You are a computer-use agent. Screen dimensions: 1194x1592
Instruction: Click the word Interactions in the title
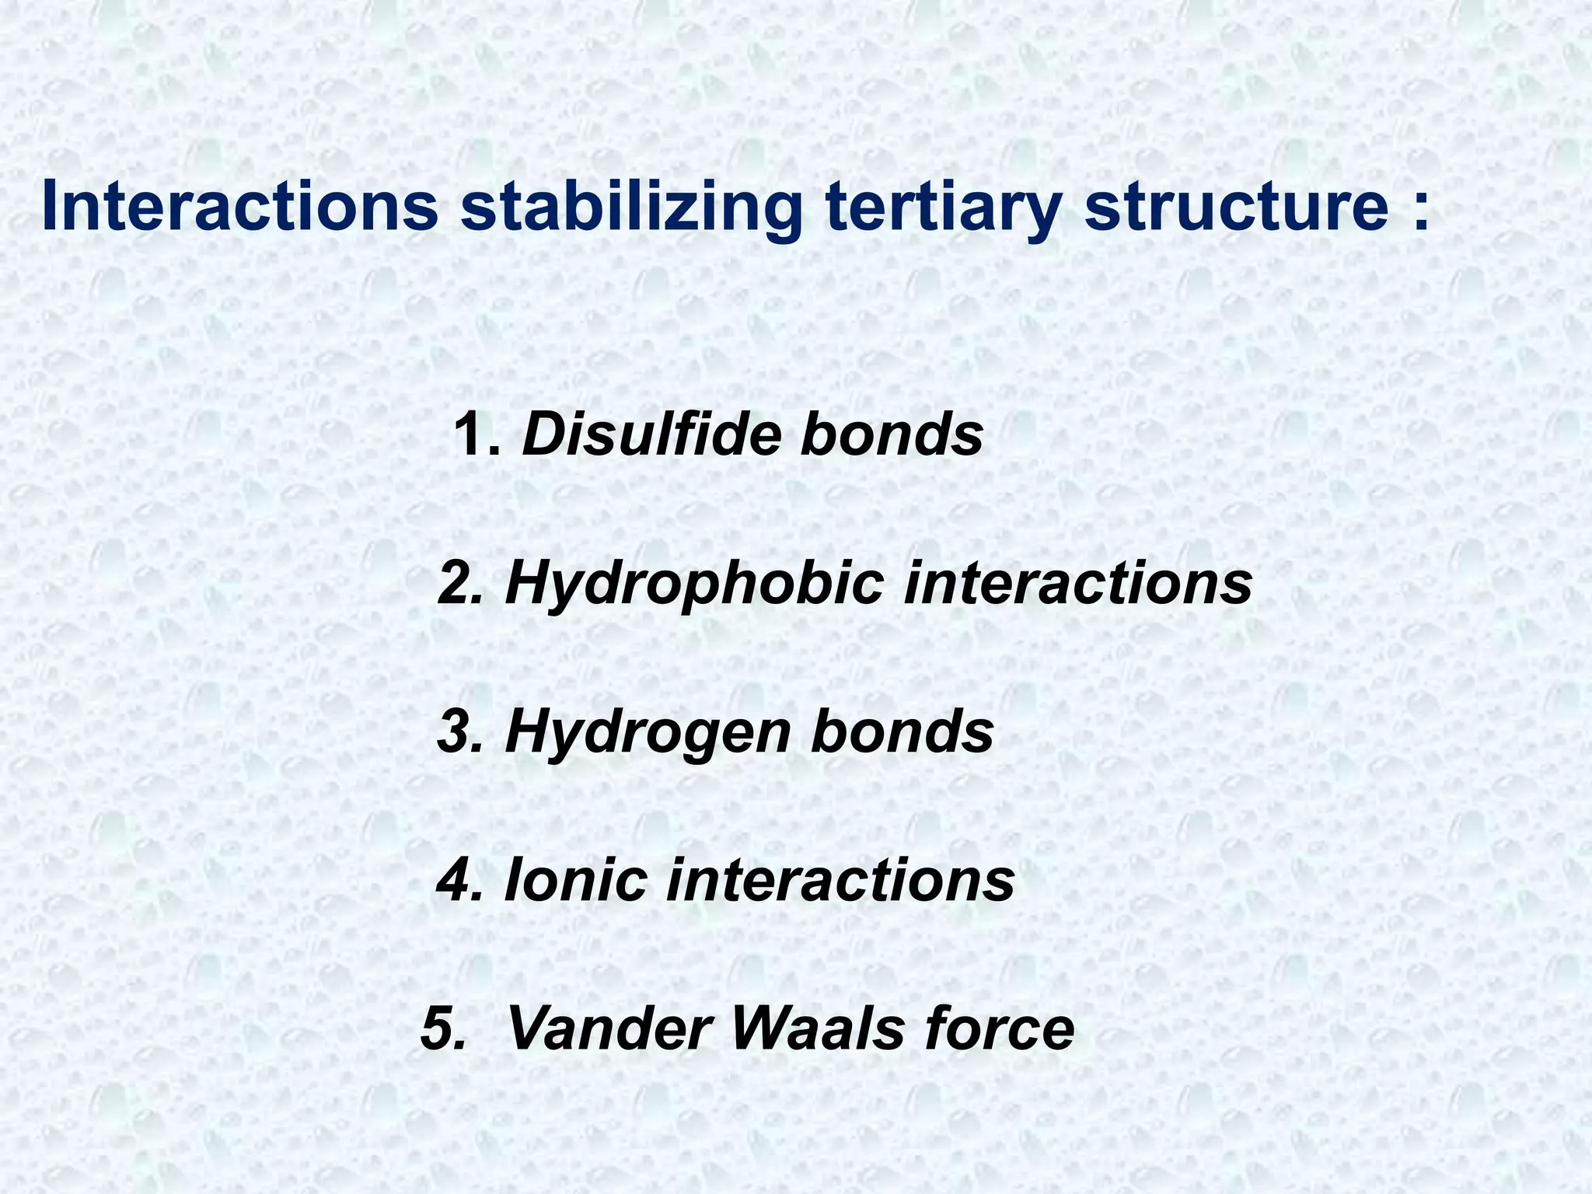[x=239, y=206]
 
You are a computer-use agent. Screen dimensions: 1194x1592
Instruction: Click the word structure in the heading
[x=1237, y=206]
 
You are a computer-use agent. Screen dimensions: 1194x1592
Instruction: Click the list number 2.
[x=460, y=583]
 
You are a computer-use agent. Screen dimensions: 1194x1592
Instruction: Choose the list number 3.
[x=460, y=732]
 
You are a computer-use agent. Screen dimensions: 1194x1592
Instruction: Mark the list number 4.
[x=460, y=881]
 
